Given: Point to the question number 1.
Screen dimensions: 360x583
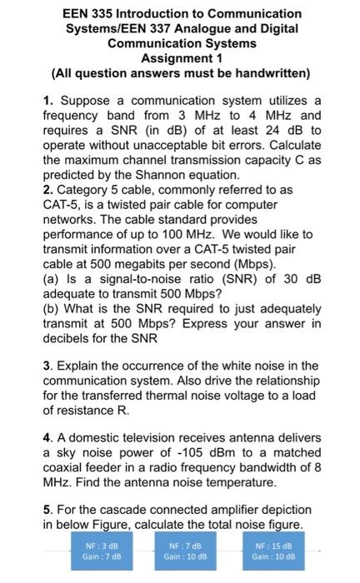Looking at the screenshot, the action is point(47,100).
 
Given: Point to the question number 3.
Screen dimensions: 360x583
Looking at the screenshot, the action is point(47,370).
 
